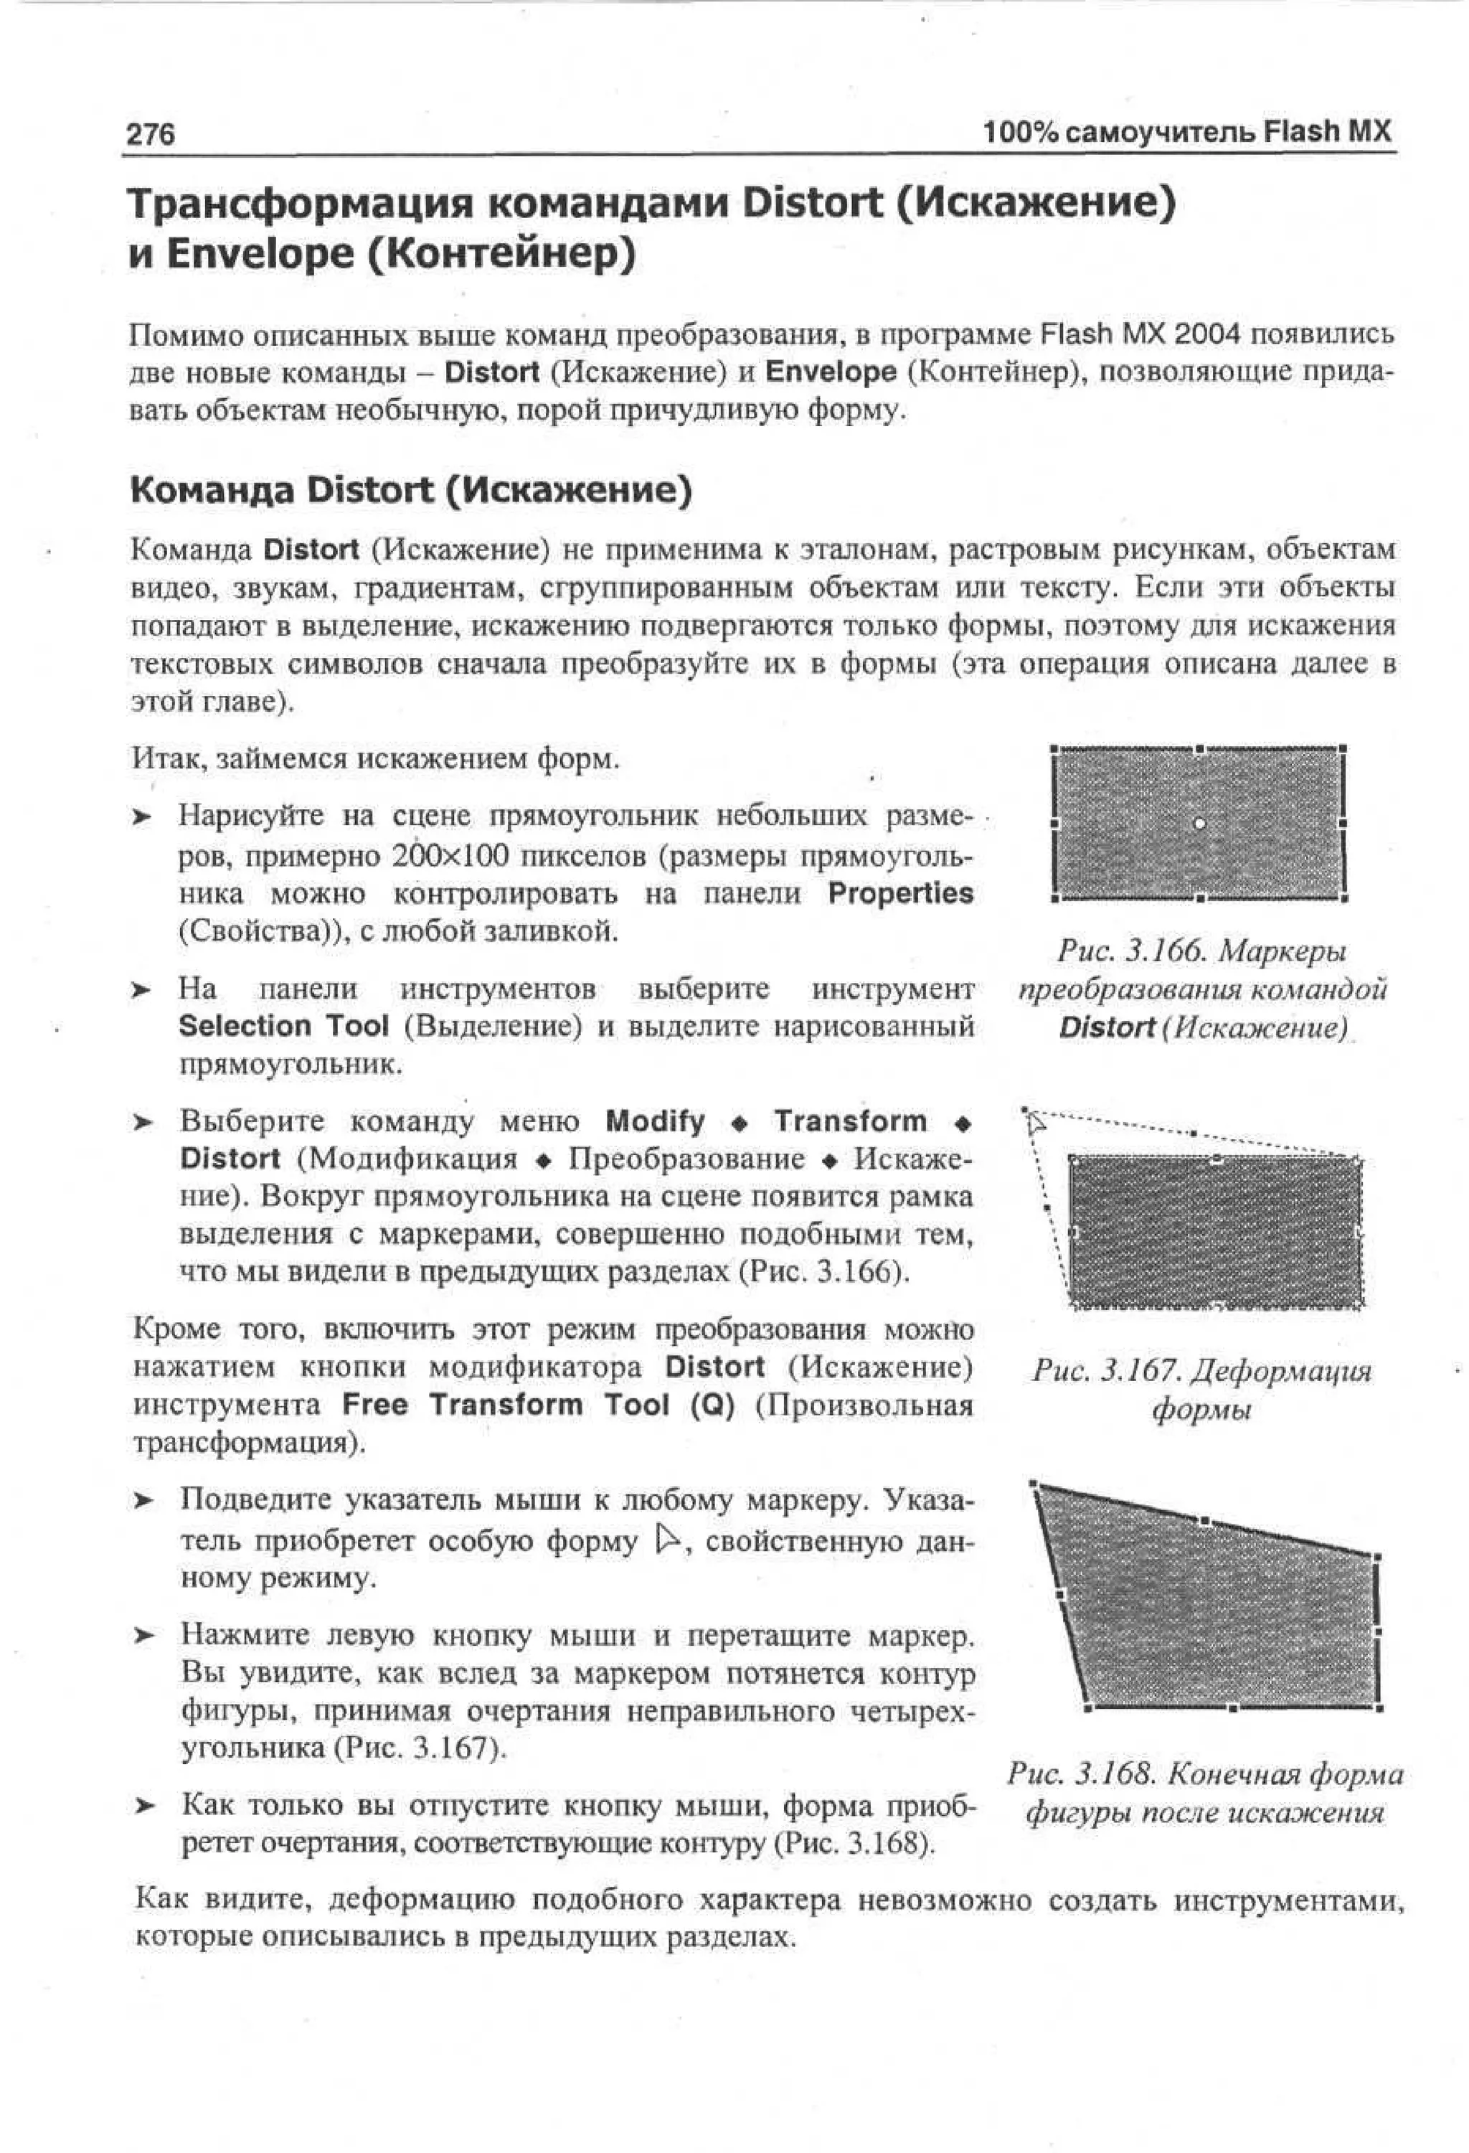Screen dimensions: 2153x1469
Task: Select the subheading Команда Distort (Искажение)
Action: click(x=410, y=490)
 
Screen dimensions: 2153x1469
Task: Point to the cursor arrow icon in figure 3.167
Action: click(x=1036, y=1123)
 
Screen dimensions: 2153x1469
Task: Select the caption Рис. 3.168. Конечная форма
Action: click(x=1205, y=1774)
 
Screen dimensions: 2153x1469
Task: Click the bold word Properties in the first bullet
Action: click(x=900, y=893)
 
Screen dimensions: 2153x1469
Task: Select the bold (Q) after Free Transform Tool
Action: click(x=712, y=1405)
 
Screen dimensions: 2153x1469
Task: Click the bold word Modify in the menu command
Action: click(x=655, y=1121)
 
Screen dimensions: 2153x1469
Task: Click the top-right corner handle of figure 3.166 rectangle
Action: click(x=1342, y=748)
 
